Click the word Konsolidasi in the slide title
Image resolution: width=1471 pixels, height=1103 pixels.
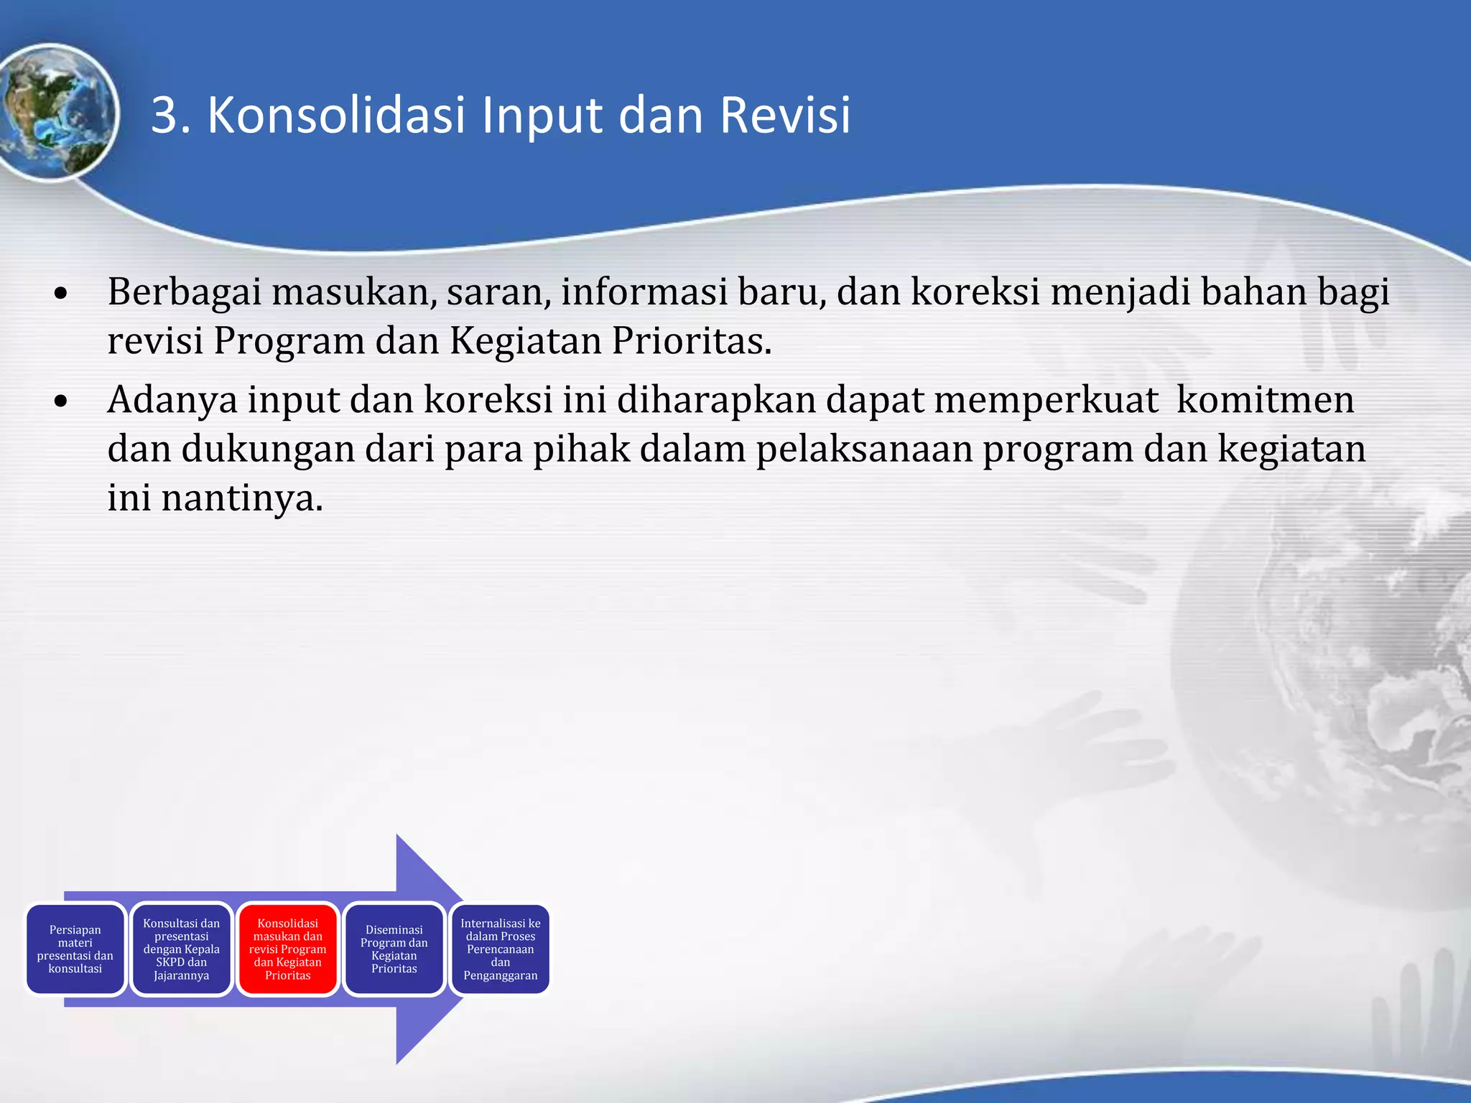pos(336,115)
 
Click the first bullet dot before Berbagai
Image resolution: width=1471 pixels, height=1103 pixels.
pos(61,294)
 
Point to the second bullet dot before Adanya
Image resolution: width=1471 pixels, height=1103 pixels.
pos(61,401)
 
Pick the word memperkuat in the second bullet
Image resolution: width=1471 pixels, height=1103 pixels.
pos(1046,400)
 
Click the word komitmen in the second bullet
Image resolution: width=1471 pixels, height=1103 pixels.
pos(1265,400)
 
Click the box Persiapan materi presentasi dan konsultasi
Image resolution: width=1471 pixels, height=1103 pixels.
pos(75,949)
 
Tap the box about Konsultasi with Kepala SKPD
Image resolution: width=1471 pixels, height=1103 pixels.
pos(182,949)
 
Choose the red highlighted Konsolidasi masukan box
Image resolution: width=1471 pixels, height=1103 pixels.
pos(288,949)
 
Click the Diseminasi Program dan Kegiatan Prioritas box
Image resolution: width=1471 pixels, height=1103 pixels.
pos(394,949)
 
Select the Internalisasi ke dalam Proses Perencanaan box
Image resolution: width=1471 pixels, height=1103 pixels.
pos(501,949)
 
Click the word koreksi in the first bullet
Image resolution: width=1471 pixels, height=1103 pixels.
pos(975,292)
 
